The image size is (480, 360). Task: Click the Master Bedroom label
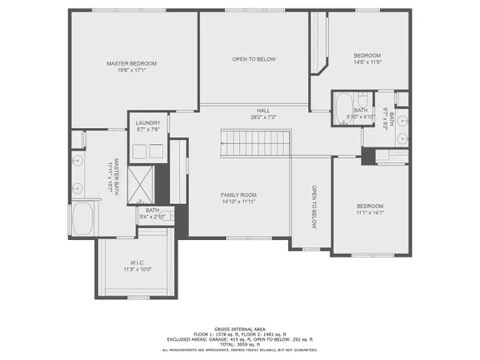pos(131,63)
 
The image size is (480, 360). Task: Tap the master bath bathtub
pos(83,219)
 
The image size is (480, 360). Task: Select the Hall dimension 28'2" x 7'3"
pos(263,118)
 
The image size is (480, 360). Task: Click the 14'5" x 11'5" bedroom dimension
pos(368,62)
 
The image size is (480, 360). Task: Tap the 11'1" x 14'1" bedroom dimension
pos(370,213)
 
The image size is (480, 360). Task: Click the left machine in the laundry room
pos(137,150)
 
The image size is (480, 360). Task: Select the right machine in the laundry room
pos(154,150)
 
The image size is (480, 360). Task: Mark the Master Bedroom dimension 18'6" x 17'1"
pos(131,70)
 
